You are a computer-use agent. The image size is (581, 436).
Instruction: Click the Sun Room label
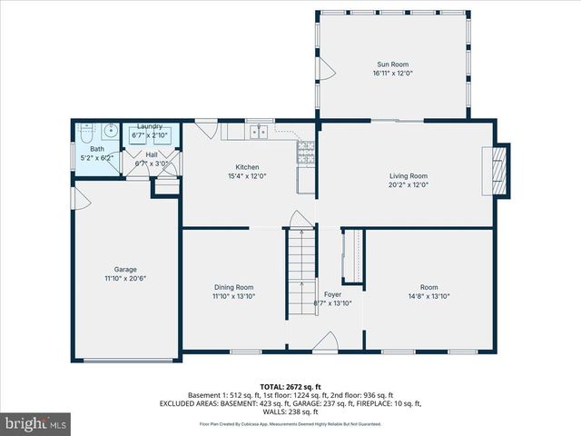tap(394, 64)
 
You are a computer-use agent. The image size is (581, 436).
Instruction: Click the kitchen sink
tap(260, 133)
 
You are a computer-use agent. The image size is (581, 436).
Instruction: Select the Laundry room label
tap(150, 127)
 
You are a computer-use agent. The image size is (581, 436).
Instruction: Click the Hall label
tap(151, 155)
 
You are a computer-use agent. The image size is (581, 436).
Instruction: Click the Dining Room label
tap(233, 287)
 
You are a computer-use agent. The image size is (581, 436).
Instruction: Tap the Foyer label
tap(333, 294)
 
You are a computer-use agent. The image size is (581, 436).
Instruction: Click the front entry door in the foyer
tap(325, 343)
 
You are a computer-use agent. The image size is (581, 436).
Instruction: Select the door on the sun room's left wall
tap(326, 69)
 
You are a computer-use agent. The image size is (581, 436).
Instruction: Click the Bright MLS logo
tap(36, 422)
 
